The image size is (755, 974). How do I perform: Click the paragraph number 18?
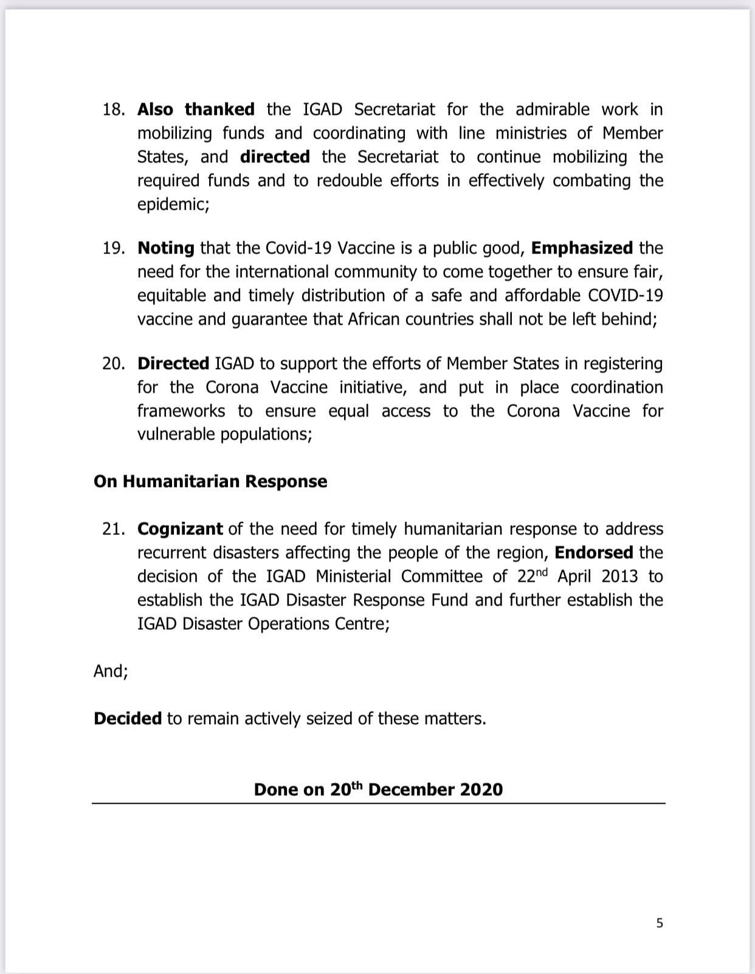coord(113,110)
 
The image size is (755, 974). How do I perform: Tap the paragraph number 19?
coord(113,249)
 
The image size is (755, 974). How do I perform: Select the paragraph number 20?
coord(113,364)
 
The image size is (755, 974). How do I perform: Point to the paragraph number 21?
coord(113,530)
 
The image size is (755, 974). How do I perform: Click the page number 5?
coord(660,924)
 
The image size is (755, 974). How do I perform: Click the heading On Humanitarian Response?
coord(210,482)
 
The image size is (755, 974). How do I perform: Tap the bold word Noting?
coord(166,249)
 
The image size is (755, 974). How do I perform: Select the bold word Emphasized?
coord(582,249)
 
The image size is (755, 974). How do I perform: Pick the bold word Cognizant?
coord(180,530)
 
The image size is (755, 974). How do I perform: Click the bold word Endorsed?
coord(593,553)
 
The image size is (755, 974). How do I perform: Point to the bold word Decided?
coord(128,719)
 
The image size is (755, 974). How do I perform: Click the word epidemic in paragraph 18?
coord(173,205)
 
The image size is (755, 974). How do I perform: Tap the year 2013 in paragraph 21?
coord(619,577)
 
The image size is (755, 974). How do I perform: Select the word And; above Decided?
coord(111,672)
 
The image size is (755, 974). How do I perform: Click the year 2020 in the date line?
coord(481,790)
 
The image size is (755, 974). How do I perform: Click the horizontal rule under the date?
coord(378,804)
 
